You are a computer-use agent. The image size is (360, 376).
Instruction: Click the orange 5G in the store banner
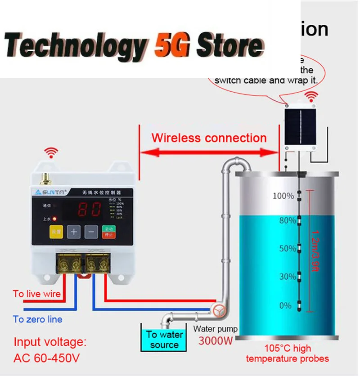(173, 45)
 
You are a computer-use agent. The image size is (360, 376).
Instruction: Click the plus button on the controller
(74, 232)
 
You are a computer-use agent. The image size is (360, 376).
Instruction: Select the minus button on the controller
(91, 232)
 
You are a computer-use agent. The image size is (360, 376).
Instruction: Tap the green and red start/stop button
(108, 232)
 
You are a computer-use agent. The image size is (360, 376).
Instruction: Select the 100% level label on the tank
(283, 196)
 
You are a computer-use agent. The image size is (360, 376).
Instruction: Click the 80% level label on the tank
(287, 221)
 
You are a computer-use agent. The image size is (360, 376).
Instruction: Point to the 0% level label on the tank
(286, 306)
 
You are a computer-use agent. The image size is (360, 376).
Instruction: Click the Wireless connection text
(209, 138)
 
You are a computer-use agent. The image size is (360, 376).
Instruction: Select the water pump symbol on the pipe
(220, 310)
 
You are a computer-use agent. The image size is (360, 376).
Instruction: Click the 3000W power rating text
(216, 340)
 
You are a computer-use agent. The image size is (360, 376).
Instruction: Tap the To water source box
(164, 340)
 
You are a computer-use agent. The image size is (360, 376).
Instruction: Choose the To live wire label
(36, 294)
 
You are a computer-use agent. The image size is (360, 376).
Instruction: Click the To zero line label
(38, 320)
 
